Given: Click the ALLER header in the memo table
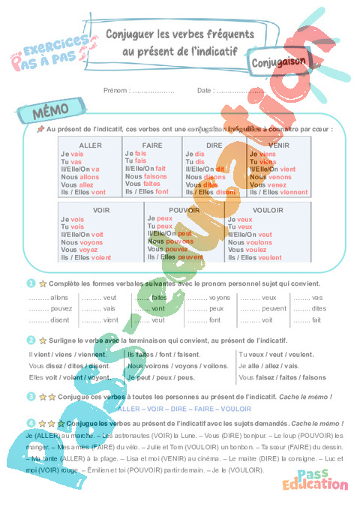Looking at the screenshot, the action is tap(91, 145).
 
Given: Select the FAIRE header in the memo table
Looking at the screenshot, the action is tap(152, 145).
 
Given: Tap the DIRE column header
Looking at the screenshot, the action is tap(214, 145).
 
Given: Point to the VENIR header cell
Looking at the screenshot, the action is tap(278, 145).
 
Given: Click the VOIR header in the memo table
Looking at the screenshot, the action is tap(100, 210).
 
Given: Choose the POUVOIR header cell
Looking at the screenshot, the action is tap(184, 210).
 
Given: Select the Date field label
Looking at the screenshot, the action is tap(205, 90).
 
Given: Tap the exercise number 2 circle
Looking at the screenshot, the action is tap(31, 339).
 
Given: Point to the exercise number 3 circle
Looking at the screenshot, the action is tap(31, 395).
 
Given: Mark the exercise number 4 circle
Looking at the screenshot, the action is tap(31, 423).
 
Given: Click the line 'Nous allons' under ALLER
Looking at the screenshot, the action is tap(78, 177).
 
